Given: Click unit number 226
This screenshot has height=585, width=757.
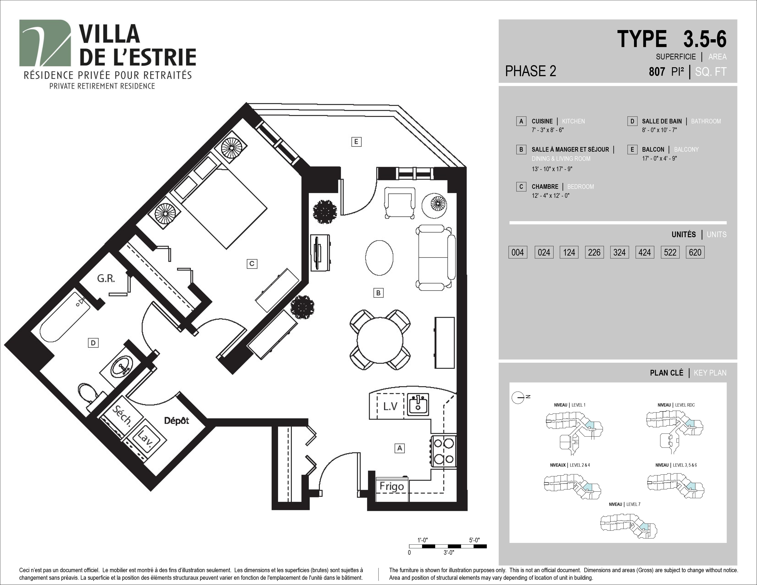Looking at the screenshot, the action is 594,252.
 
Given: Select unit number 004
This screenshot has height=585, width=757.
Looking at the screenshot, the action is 518,252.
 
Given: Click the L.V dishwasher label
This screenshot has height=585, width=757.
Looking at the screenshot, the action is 390,406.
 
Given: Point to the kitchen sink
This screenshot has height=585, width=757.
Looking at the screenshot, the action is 418,404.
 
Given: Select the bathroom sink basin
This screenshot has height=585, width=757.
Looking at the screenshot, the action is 122,367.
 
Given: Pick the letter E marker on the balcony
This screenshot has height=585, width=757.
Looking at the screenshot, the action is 356,142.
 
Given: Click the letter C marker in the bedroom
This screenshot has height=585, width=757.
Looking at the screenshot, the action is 252,264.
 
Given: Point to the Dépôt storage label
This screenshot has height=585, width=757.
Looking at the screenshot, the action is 176,421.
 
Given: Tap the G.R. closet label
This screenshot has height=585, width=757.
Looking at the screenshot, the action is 106,278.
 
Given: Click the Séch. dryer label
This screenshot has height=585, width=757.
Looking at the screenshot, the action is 122,415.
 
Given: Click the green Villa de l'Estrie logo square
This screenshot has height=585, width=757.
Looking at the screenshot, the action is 45,43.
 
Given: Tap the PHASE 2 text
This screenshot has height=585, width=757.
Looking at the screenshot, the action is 531,71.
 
